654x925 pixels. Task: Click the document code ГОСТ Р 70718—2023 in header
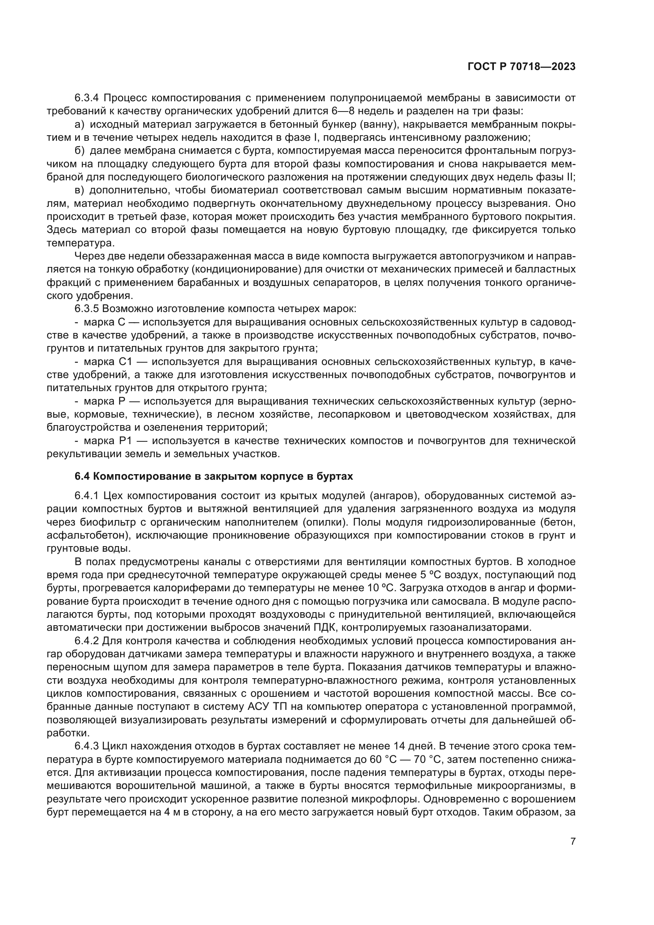(x=522, y=67)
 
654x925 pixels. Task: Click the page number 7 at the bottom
(x=573, y=830)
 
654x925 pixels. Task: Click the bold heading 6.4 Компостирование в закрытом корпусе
(x=214, y=476)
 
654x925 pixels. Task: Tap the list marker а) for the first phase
(x=79, y=125)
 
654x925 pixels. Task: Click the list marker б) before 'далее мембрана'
(x=79, y=151)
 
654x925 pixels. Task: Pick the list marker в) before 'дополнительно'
(x=79, y=190)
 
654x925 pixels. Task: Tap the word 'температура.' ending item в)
(x=81, y=243)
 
